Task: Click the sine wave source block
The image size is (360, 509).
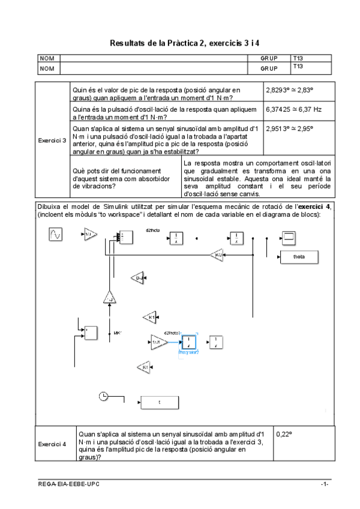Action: (55, 235)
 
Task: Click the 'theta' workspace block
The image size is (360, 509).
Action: (298, 257)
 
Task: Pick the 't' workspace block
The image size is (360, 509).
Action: (159, 402)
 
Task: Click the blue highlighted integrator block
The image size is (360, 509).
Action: (189, 342)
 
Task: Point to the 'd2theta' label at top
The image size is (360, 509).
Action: (152, 230)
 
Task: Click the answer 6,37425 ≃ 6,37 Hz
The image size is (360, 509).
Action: (293, 110)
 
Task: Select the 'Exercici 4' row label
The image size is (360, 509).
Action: (52, 445)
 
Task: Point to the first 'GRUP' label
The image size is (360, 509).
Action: (269, 59)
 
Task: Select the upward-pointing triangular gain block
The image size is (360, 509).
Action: (109, 297)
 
